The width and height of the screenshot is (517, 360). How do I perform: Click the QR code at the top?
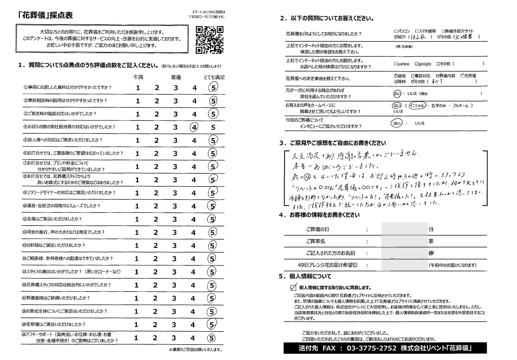pyautogui.click(x=209, y=39)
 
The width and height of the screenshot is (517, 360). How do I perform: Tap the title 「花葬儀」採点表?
pyautogui.click(x=41, y=14)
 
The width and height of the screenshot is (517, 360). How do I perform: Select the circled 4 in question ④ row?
pyautogui.click(x=195, y=127)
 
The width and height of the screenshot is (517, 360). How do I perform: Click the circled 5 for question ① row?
pyautogui.click(x=213, y=88)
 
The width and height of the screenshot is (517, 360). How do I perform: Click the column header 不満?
pyautogui.click(x=138, y=77)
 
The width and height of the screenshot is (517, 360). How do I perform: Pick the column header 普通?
pyautogui.click(x=176, y=77)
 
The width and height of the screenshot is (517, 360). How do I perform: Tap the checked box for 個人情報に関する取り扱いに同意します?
pyautogui.click(x=294, y=287)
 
